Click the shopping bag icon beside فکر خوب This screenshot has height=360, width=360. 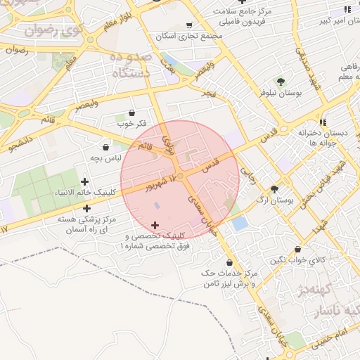coord(132,112)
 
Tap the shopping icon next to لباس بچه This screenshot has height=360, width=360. coord(106,148)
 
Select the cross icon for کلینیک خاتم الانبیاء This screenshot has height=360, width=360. coord(85,182)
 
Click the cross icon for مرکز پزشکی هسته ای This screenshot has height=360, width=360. coord(86,208)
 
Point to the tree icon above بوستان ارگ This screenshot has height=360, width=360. coord(274,188)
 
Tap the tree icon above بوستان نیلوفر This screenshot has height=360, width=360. coord(281,82)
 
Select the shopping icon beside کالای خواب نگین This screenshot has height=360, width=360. coord(299,249)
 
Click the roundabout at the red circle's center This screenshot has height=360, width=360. coord(181,175)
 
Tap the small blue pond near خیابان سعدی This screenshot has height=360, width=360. coord(240,224)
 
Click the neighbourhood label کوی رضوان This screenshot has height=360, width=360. coord(52,31)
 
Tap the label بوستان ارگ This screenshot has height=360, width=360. coord(276,200)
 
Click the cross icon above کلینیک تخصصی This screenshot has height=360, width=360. coord(155,225)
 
